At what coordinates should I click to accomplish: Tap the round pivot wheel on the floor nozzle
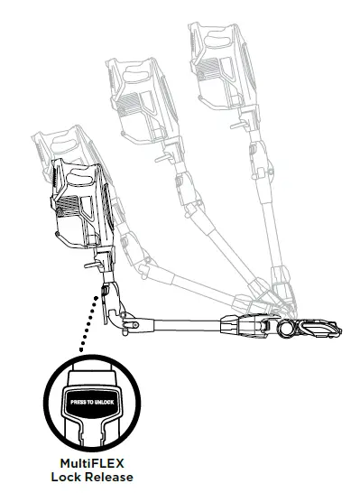pyautogui.click(x=286, y=330)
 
